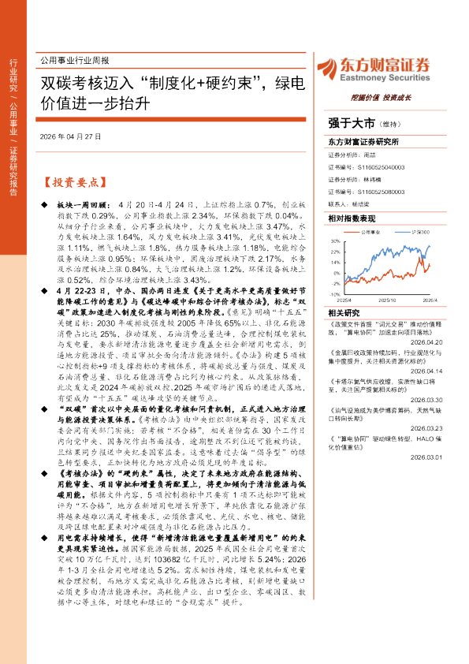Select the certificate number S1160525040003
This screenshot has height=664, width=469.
tap(379, 167)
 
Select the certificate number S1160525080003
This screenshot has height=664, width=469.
tap(379, 190)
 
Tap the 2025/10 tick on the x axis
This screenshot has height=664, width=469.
tap(386, 300)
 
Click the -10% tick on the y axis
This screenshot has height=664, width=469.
tap(335, 293)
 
